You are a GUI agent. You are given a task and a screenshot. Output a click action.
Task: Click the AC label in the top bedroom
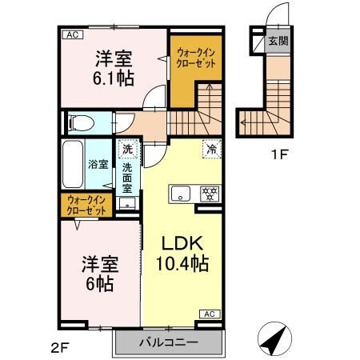pos(71,35)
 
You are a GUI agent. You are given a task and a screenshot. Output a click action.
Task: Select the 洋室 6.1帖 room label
pos(114,69)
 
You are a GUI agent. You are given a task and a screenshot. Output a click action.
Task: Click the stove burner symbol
pos(211,193)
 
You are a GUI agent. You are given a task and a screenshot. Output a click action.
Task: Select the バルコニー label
pos(168,342)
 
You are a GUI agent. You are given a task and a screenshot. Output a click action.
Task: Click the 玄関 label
pos(277,42)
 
